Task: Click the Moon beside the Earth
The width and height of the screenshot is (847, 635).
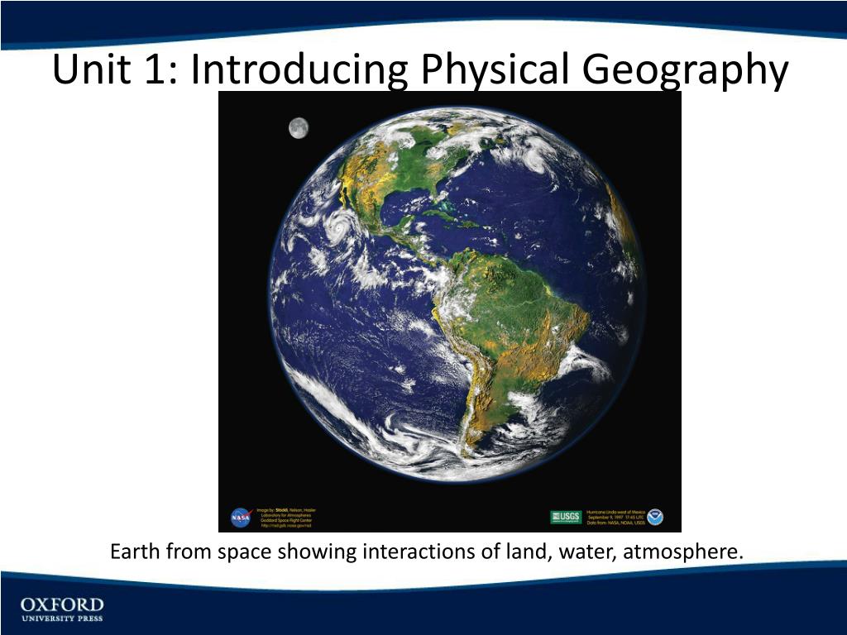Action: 299,127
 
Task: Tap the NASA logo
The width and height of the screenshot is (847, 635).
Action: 241,518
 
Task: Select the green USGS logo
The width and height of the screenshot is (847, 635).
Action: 566,518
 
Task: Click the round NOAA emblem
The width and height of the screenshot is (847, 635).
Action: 656,518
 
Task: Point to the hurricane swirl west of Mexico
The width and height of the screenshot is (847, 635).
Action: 338,225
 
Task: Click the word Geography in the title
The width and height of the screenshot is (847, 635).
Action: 686,70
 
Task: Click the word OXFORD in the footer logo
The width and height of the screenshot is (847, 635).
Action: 62,605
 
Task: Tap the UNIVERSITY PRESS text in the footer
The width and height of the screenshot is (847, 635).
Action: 62,618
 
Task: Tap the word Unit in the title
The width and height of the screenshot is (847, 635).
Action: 87,70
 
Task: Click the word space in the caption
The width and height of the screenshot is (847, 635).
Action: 242,551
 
